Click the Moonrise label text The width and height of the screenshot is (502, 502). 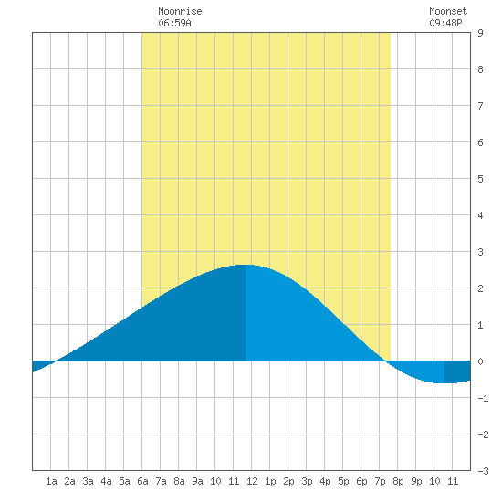click(x=180, y=11)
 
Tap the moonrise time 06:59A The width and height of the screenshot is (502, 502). click(x=174, y=23)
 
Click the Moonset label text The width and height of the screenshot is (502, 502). click(x=448, y=11)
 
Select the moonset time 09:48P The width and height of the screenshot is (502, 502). click(x=445, y=23)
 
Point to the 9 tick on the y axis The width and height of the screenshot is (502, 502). click(x=480, y=33)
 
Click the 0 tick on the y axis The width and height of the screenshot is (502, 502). click(x=480, y=361)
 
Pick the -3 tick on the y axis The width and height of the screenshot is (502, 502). click(x=483, y=471)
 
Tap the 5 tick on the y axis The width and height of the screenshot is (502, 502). click(x=480, y=179)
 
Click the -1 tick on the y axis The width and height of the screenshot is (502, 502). click(x=483, y=398)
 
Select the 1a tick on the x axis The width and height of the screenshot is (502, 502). click(x=51, y=481)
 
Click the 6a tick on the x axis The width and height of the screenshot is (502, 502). click(x=142, y=481)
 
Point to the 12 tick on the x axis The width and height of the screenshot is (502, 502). click(x=252, y=481)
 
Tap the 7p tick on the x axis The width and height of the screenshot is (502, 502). click(x=380, y=481)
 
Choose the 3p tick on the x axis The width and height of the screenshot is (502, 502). click(x=307, y=481)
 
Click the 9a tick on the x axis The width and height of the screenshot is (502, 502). click(x=197, y=481)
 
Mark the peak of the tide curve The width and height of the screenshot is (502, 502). click(x=246, y=265)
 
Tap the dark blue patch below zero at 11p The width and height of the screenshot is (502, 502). click(x=457, y=371)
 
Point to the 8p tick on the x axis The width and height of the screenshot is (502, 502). click(x=398, y=481)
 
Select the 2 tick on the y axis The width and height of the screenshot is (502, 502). click(x=480, y=288)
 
